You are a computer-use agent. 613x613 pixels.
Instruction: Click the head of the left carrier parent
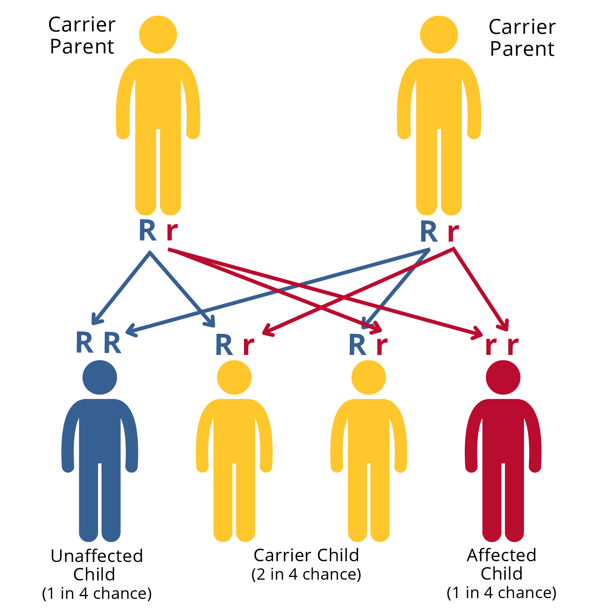(158, 35)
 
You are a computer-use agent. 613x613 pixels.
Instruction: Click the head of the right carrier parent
(439, 35)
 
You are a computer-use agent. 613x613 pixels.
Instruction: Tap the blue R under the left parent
(148, 231)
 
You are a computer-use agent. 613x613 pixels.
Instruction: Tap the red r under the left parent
(172, 231)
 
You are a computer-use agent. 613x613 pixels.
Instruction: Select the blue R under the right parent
(429, 232)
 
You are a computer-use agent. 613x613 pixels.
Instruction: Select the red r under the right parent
(453, 232)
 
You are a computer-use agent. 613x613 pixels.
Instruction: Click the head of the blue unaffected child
(100, 377)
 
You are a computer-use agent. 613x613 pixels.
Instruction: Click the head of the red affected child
(503, 377)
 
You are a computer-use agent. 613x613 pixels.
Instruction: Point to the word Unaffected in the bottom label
(97, 556)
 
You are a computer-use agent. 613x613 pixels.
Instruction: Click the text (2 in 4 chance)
(306, 574)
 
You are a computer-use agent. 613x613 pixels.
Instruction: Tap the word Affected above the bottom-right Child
(502, 555)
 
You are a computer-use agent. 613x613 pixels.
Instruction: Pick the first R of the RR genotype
(84, 343)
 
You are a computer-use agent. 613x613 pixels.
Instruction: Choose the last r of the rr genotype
(513, 346)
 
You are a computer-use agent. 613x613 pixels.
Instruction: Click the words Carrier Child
(306, 555)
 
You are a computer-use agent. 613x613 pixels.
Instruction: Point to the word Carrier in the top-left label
(82, 25)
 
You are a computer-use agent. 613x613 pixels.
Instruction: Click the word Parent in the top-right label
(522, 49)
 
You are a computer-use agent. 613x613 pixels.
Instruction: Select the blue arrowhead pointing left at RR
(131, 331)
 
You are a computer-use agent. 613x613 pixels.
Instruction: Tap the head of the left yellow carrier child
(234, 377)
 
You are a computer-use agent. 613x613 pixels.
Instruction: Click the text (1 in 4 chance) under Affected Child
(502, 592)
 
